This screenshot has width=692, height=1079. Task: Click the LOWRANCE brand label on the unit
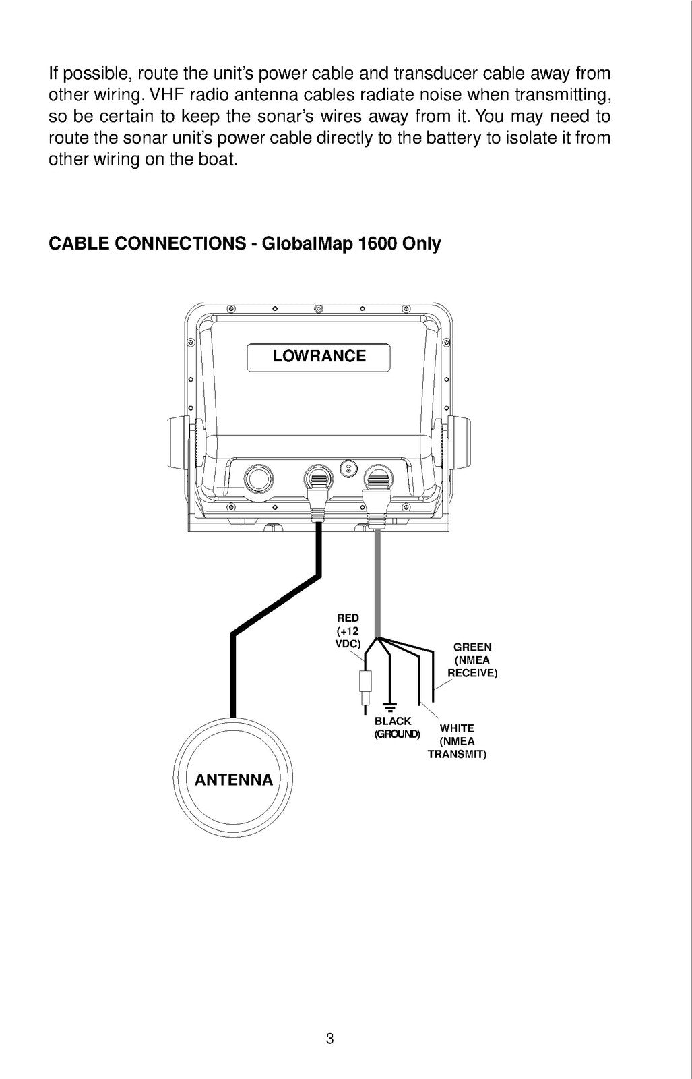coord(319,356)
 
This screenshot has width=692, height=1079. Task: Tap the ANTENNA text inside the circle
coord(233,780)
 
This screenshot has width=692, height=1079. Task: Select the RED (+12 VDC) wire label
coord(348,631)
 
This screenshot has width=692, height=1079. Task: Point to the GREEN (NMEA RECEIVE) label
coord(472,660)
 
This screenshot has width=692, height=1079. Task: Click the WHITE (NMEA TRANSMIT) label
coord(457,741)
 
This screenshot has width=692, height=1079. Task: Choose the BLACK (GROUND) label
coord(397,728)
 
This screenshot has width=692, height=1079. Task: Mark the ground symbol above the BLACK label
coord(389,707)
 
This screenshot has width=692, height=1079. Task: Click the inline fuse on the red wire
coord(366,681)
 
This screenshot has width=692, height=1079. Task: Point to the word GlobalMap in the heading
coord(307,244)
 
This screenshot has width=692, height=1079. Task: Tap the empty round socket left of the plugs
coord(259,479)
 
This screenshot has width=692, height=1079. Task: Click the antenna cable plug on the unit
coord(317,494)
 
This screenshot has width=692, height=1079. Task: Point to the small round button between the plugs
coord(348,467)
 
